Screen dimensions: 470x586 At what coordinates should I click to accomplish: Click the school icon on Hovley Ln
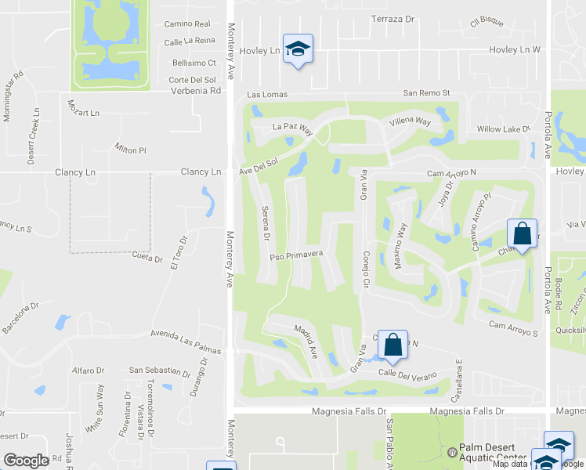click(298, 49)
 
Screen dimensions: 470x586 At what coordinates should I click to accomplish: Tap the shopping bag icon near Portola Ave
click(522, 233)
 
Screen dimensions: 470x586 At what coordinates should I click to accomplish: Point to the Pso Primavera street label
click(296, 255)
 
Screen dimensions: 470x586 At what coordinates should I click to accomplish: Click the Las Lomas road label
click(268, 94)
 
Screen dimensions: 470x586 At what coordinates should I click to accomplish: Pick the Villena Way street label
click(411, 121)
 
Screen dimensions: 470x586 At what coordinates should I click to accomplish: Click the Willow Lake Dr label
click(504, 128)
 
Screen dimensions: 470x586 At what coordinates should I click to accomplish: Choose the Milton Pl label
click(130, 150)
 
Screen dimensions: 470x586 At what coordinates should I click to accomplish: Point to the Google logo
click(26, 461)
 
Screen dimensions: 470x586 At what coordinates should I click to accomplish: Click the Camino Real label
click(186, 24)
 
